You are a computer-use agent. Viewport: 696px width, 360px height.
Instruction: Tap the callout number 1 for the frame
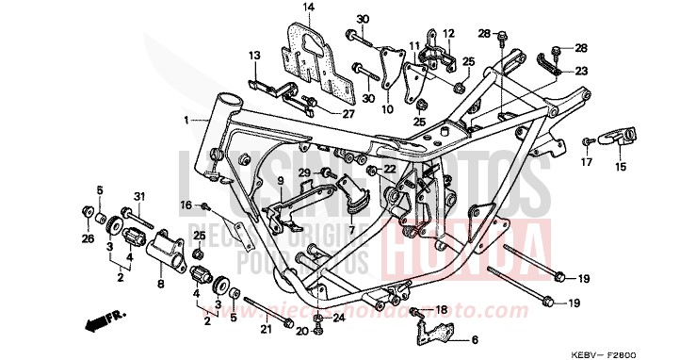(187, 120)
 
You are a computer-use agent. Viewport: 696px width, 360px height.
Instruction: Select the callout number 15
(620, 168)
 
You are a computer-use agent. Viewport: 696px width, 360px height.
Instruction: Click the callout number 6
(475, 339)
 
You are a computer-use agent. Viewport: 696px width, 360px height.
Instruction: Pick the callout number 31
(138, 196)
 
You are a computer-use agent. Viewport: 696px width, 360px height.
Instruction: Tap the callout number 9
(280, 179)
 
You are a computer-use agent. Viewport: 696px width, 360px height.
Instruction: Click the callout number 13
(254, 57)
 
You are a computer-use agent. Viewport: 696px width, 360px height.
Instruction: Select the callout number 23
(580, 72)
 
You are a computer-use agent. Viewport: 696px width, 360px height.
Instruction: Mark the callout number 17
(586, 163)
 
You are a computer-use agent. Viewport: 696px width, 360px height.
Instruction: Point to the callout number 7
(350, 229)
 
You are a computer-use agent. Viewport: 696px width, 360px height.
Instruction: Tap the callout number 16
(186, 204)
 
